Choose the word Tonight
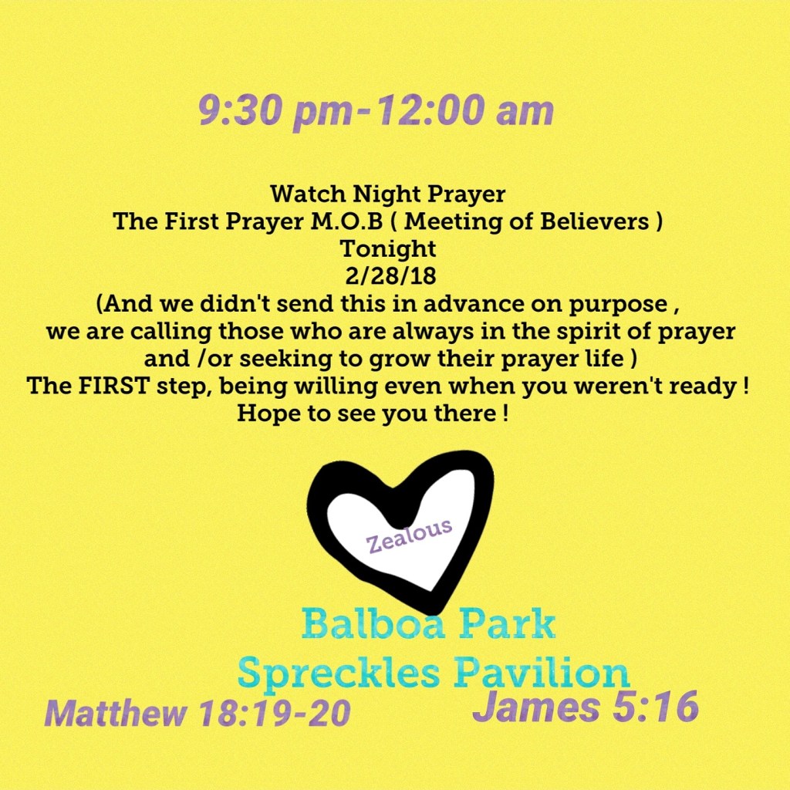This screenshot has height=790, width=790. coord(387,249)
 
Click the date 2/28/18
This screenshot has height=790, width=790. coord(390,276)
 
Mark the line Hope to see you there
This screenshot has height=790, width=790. coord(373,414)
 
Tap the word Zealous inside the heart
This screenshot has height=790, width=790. coord(409,536)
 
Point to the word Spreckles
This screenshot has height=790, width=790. coord(338,673)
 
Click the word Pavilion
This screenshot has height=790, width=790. coord(542,671)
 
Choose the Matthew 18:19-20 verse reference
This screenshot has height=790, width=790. coord(197,713)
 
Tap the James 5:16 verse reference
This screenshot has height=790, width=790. coord(585,707)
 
